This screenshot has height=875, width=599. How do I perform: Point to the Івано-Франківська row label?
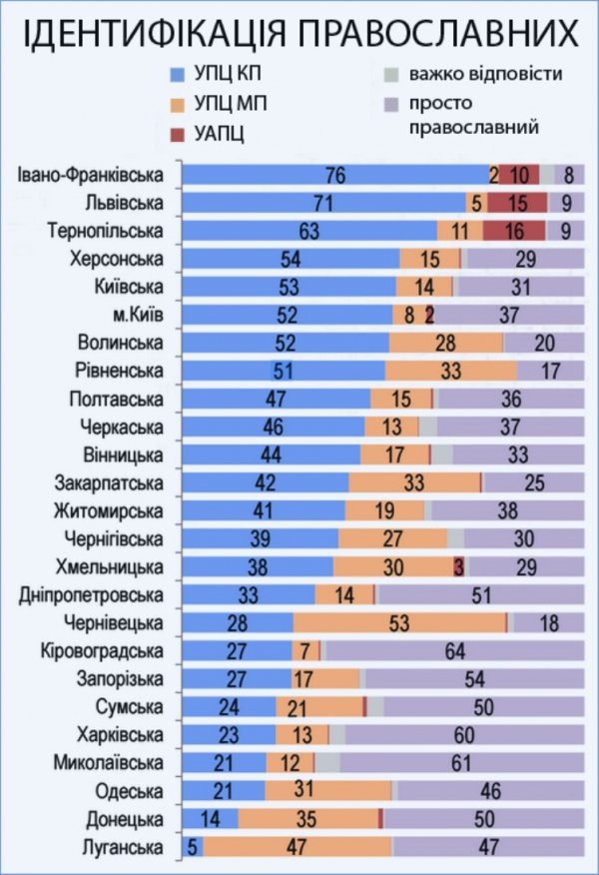pyautogui.click(x=91, y=175)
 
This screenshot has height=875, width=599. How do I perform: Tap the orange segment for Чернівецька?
pyautogui.click(x=399, y=624)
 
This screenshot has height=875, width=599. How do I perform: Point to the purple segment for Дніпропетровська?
pyautogui.click(x=479, y=596)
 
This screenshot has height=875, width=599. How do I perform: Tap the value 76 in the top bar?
pyautogui.click(x=335, y=175)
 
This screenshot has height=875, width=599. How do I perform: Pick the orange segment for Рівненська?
pyautogui.click(x=450, y=372)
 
